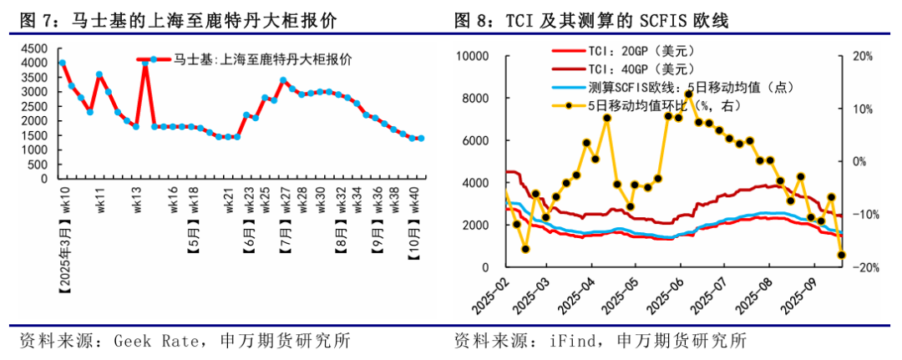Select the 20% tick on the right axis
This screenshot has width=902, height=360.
[862, 56]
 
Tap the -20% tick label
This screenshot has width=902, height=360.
[861, 267]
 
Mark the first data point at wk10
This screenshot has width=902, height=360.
[63, 63]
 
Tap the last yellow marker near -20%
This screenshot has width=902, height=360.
[841, 255]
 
